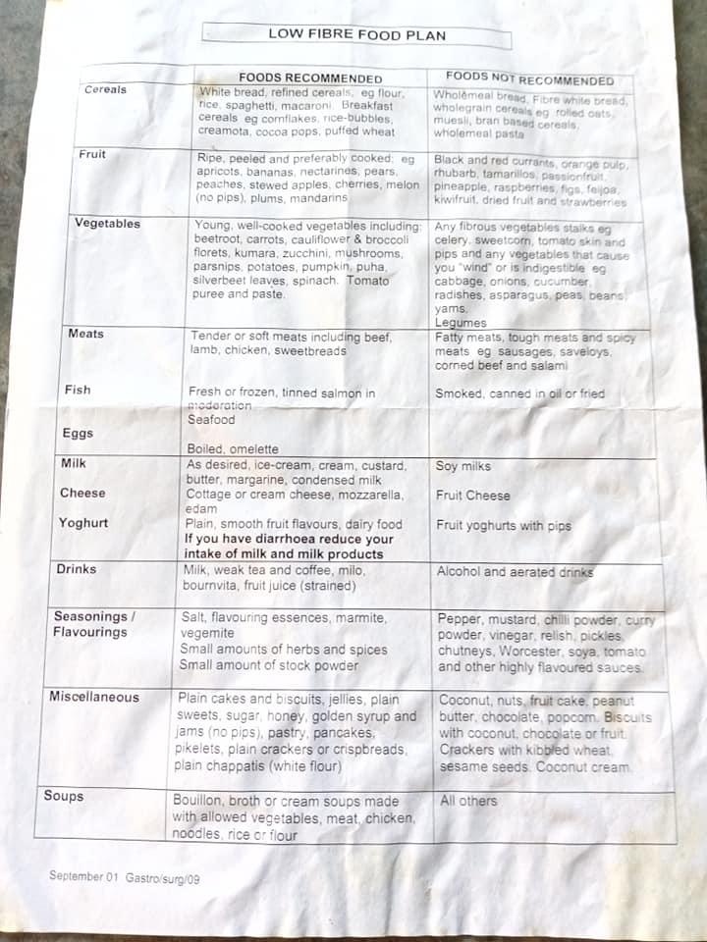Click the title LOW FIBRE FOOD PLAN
point(356,35)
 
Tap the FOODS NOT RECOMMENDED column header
point(529,78)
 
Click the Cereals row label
point(105,89)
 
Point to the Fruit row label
point(92,155)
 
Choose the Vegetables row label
point(107,224)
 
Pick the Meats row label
point(85,334)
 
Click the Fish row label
point(78,390)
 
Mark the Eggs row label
point(79,434)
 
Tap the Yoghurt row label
point(83,523)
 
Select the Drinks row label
point(76,569)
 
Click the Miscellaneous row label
point(94,697)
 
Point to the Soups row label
point(64,796)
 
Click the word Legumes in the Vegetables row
point(461,323)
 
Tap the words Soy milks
point(463,466)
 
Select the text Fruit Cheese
point(473,496)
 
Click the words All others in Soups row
point(468,801)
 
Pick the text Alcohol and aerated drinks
point(515,572)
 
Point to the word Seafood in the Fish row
point(211,420)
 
